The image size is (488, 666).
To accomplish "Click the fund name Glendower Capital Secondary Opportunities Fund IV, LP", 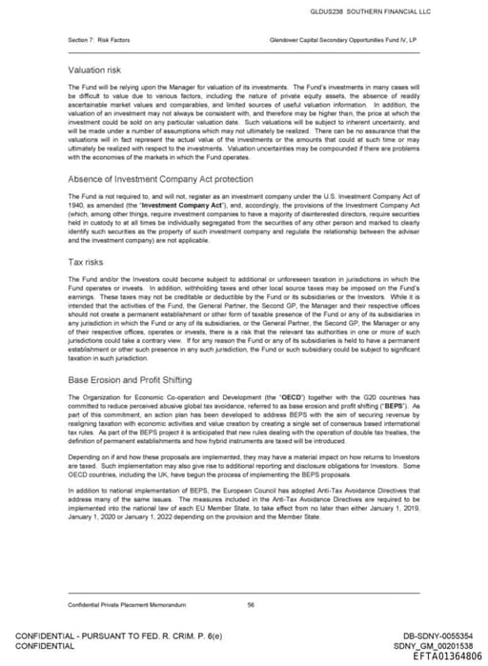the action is pyautogui.click(x=342, y=39).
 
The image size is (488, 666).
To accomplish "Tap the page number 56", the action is pyautogui.click(x=250, y=604).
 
